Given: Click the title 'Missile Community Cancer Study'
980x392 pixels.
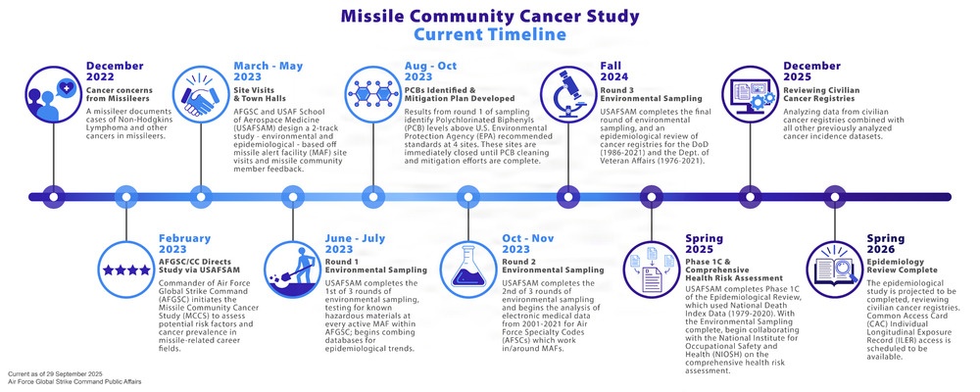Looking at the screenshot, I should click(489, 17).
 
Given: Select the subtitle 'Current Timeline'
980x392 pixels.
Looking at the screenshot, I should click(489, 36).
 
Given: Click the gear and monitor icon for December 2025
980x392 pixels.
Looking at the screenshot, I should click(747, 93).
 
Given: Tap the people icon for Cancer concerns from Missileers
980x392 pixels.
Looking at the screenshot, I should click(51, 94).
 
